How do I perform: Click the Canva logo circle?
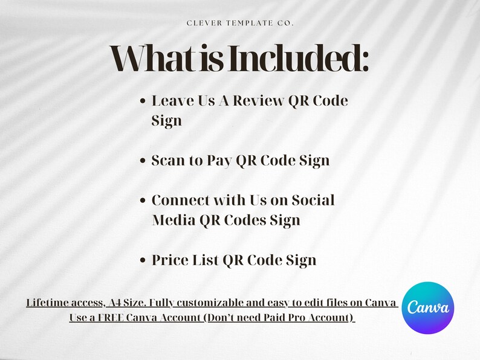click(428, 307)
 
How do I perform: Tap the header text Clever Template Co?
click(240, 23)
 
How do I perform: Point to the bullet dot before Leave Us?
click(143, 101)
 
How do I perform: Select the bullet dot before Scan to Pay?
click(143, 161)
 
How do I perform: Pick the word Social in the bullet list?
click(313, 200)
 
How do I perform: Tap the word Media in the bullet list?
click(172, 220)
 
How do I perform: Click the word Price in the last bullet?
click(171, 260)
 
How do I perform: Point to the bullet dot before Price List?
click(143, 260)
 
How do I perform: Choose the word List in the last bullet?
click(207, 260)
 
